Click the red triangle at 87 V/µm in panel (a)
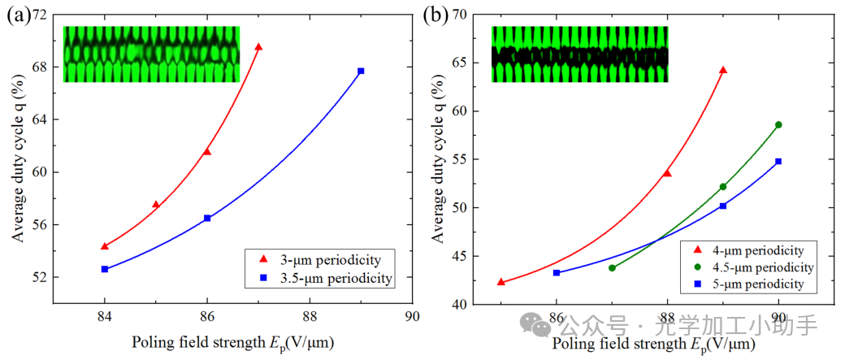click(x=258, y=46)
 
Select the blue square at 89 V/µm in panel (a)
click(x=361, y=71)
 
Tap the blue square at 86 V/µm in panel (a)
click(x=207, y=218)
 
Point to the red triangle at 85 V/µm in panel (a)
click(x=156, y=204)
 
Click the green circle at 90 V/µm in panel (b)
click(x=778, y=124)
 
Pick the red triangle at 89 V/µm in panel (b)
click(x=723, y=70)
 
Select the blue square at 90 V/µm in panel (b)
click(x=778, y=161)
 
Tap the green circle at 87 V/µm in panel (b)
click(x=612, y=267)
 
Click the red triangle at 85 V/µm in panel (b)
click(x=500, y=282)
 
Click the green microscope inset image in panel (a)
click(x=151, y=54)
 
